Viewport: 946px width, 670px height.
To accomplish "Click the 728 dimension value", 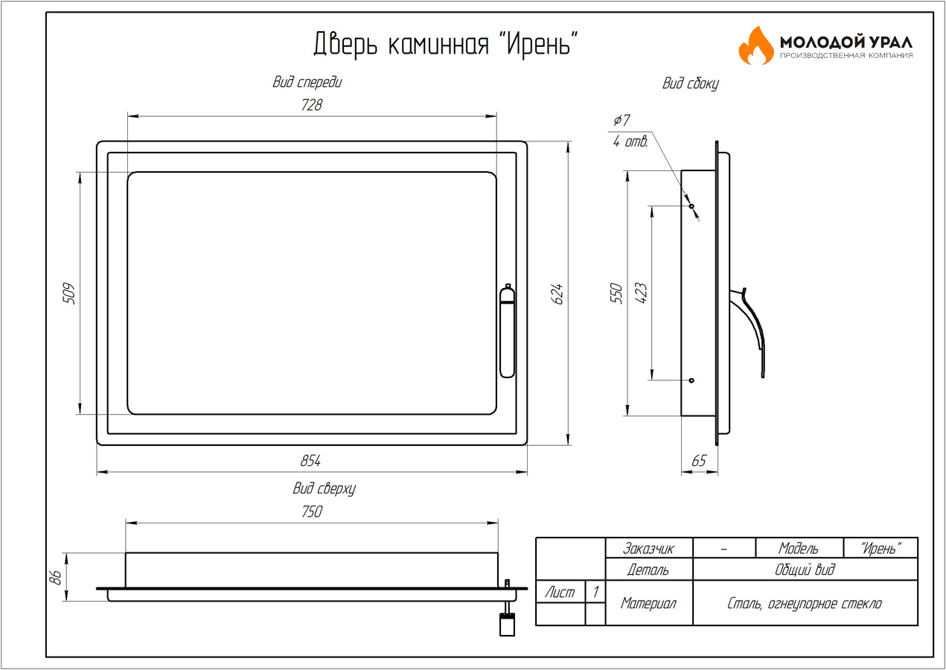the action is point(312,105).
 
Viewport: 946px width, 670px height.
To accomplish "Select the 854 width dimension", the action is point(310,461).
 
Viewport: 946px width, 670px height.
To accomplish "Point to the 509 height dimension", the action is point(68,293).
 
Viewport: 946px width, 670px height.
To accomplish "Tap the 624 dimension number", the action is point(557,293).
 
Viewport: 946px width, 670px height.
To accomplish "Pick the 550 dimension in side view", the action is point(616,293).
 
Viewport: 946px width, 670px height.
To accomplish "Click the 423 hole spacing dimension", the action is point(641,293).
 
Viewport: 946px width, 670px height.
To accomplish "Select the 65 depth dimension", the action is point(699,461).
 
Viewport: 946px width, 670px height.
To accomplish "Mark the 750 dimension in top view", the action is point(312,511).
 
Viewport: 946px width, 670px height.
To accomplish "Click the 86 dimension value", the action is point(55,578).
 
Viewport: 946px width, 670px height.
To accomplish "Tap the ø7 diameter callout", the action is point(621,121).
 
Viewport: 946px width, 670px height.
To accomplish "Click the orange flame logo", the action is point(756,45).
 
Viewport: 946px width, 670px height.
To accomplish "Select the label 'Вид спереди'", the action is point(307,82).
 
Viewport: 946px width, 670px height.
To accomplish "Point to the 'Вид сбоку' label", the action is point(691,83).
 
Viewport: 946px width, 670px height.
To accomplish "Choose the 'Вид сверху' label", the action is point(324,488).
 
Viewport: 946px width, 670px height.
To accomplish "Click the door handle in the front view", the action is point(507,331).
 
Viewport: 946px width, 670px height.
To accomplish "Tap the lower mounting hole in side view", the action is point(691,380).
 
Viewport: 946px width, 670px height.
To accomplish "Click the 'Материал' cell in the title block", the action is point(649,603).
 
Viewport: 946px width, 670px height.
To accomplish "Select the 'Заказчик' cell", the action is point(649,548).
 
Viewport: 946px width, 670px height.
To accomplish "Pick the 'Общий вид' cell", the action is point(805,569).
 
